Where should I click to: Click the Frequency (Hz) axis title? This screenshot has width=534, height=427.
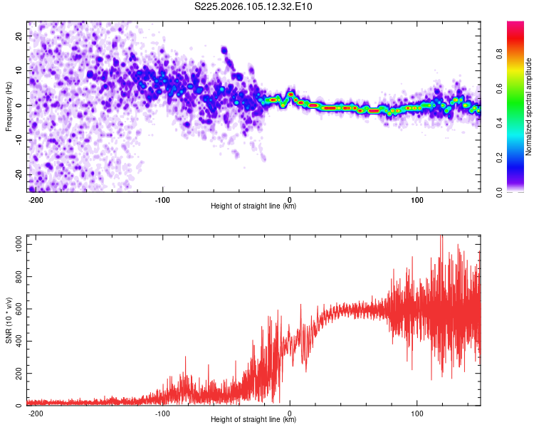tap(9, 107)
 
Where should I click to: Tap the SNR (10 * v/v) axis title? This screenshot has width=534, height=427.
tap(9, 320)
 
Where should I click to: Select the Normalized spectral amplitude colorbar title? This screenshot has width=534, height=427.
tap(529, 107)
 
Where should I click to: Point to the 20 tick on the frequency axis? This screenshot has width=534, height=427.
tap(19, 36)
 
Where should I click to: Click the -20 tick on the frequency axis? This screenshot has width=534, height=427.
tap(18, 175)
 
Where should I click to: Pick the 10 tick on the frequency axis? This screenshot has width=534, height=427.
tap(19, 70)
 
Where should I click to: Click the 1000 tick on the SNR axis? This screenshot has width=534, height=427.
tap(15, 243)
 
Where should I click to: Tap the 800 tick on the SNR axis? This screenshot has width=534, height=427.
tap(17, 276)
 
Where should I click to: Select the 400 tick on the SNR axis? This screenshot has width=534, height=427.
tap(17, 341)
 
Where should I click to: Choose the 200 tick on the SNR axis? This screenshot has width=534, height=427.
tap(17, 374)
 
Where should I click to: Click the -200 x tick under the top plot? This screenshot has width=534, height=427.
tap(36, 199)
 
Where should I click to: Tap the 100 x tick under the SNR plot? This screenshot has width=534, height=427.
tap(417, 413)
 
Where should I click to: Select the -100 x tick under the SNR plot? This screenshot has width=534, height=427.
tap(162, 413)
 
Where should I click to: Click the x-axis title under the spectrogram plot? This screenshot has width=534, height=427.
tap(253, 206)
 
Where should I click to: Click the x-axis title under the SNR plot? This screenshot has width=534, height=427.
tap(253, 420)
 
